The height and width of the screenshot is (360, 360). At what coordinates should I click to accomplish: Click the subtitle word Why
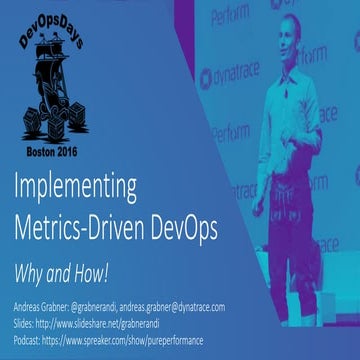point(32,246)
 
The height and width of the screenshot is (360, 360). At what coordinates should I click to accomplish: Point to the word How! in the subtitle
point(94,246)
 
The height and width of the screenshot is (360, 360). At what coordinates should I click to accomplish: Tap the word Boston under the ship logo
point(44,143)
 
